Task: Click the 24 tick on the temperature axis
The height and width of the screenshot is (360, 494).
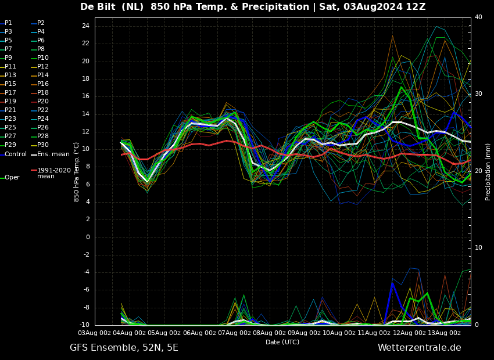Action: coord(85,26)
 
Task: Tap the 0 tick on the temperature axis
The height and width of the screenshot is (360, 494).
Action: coord(88,237)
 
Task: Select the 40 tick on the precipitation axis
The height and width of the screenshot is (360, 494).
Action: coord(478,17)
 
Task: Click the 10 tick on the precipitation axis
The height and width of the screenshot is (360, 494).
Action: coord(478,248)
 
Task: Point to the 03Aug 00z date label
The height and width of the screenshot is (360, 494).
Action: coord(95,333)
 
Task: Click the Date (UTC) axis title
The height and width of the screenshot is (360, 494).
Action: coord(282,342)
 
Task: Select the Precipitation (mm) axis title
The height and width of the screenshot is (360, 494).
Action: coord(488,171)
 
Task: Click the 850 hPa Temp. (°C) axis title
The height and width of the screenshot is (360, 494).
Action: coord(76,172)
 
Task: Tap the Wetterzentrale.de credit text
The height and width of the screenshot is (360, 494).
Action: coord(420,348)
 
